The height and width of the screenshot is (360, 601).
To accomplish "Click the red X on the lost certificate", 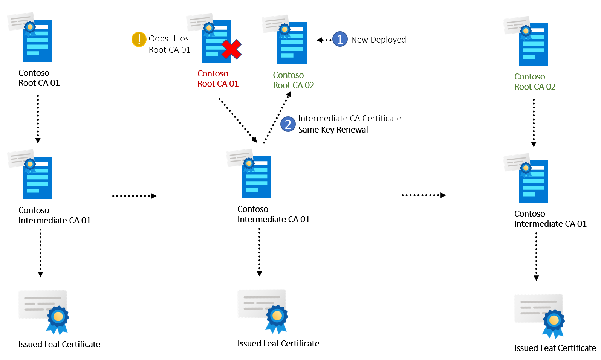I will (231, 50).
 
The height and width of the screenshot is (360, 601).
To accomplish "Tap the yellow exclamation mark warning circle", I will (139, 39).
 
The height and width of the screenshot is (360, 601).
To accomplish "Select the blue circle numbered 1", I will (340, 39).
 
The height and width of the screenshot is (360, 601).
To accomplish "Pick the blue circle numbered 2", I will (288, 124).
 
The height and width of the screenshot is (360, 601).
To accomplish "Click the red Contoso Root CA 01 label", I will (218, 79).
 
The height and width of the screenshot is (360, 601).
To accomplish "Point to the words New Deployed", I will (378, 40).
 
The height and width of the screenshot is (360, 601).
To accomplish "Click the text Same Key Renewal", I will (333, 130).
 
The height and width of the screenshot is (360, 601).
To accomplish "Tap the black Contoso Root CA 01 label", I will (39, 78).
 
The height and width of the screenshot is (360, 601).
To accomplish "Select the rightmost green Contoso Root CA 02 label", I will (535, 82).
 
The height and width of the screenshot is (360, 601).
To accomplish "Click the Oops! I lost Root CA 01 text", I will (170, 44).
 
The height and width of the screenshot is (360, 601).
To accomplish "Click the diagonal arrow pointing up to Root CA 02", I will (277, 117).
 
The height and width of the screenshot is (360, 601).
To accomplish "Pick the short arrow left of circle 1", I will (324, 40).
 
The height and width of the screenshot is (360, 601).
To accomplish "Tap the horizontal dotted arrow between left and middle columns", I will (134, 196).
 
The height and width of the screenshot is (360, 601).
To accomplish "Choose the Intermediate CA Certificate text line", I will (349, 119).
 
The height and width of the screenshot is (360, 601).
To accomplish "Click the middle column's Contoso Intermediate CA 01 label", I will (273, 214).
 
